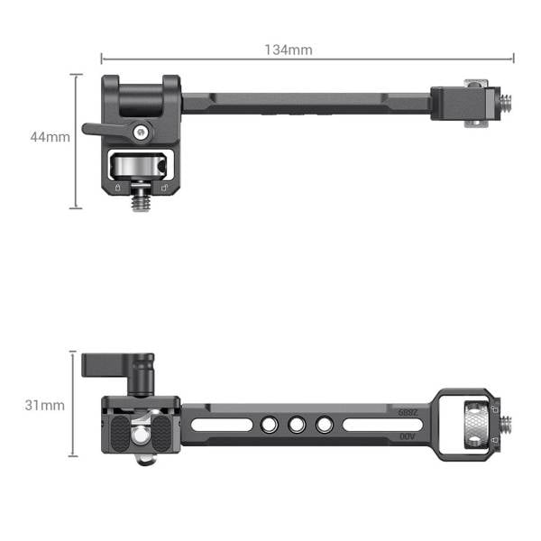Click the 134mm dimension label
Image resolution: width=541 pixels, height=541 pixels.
pyautogui.click(x=289, y=50)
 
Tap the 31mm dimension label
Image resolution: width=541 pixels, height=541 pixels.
pyautogui.click(x=44, y=406)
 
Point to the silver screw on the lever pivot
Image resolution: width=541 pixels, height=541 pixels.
pyautogui.click(x=139, y=133)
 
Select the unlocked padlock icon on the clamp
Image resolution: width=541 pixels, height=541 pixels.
pyautogui.click(x=162, y=188)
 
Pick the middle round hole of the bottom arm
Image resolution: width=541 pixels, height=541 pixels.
pyautogui.click(x=297, y=423)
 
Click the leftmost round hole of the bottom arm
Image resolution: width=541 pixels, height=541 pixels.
pyautogui.click(x=268, y=423)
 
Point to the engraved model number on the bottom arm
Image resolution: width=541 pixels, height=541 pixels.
pyautogui.click(x=409, y=411)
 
